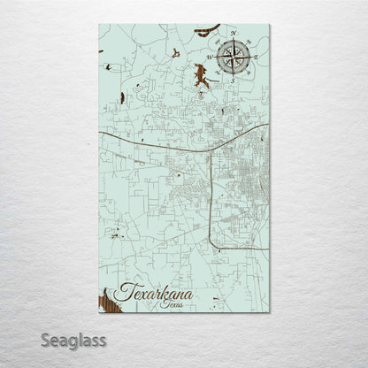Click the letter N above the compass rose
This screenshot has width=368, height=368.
coord(233,34)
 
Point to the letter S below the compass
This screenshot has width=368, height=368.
coord(232,80)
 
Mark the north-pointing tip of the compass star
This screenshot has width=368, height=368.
coord(232,41)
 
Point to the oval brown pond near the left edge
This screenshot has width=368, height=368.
coord(107,67)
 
